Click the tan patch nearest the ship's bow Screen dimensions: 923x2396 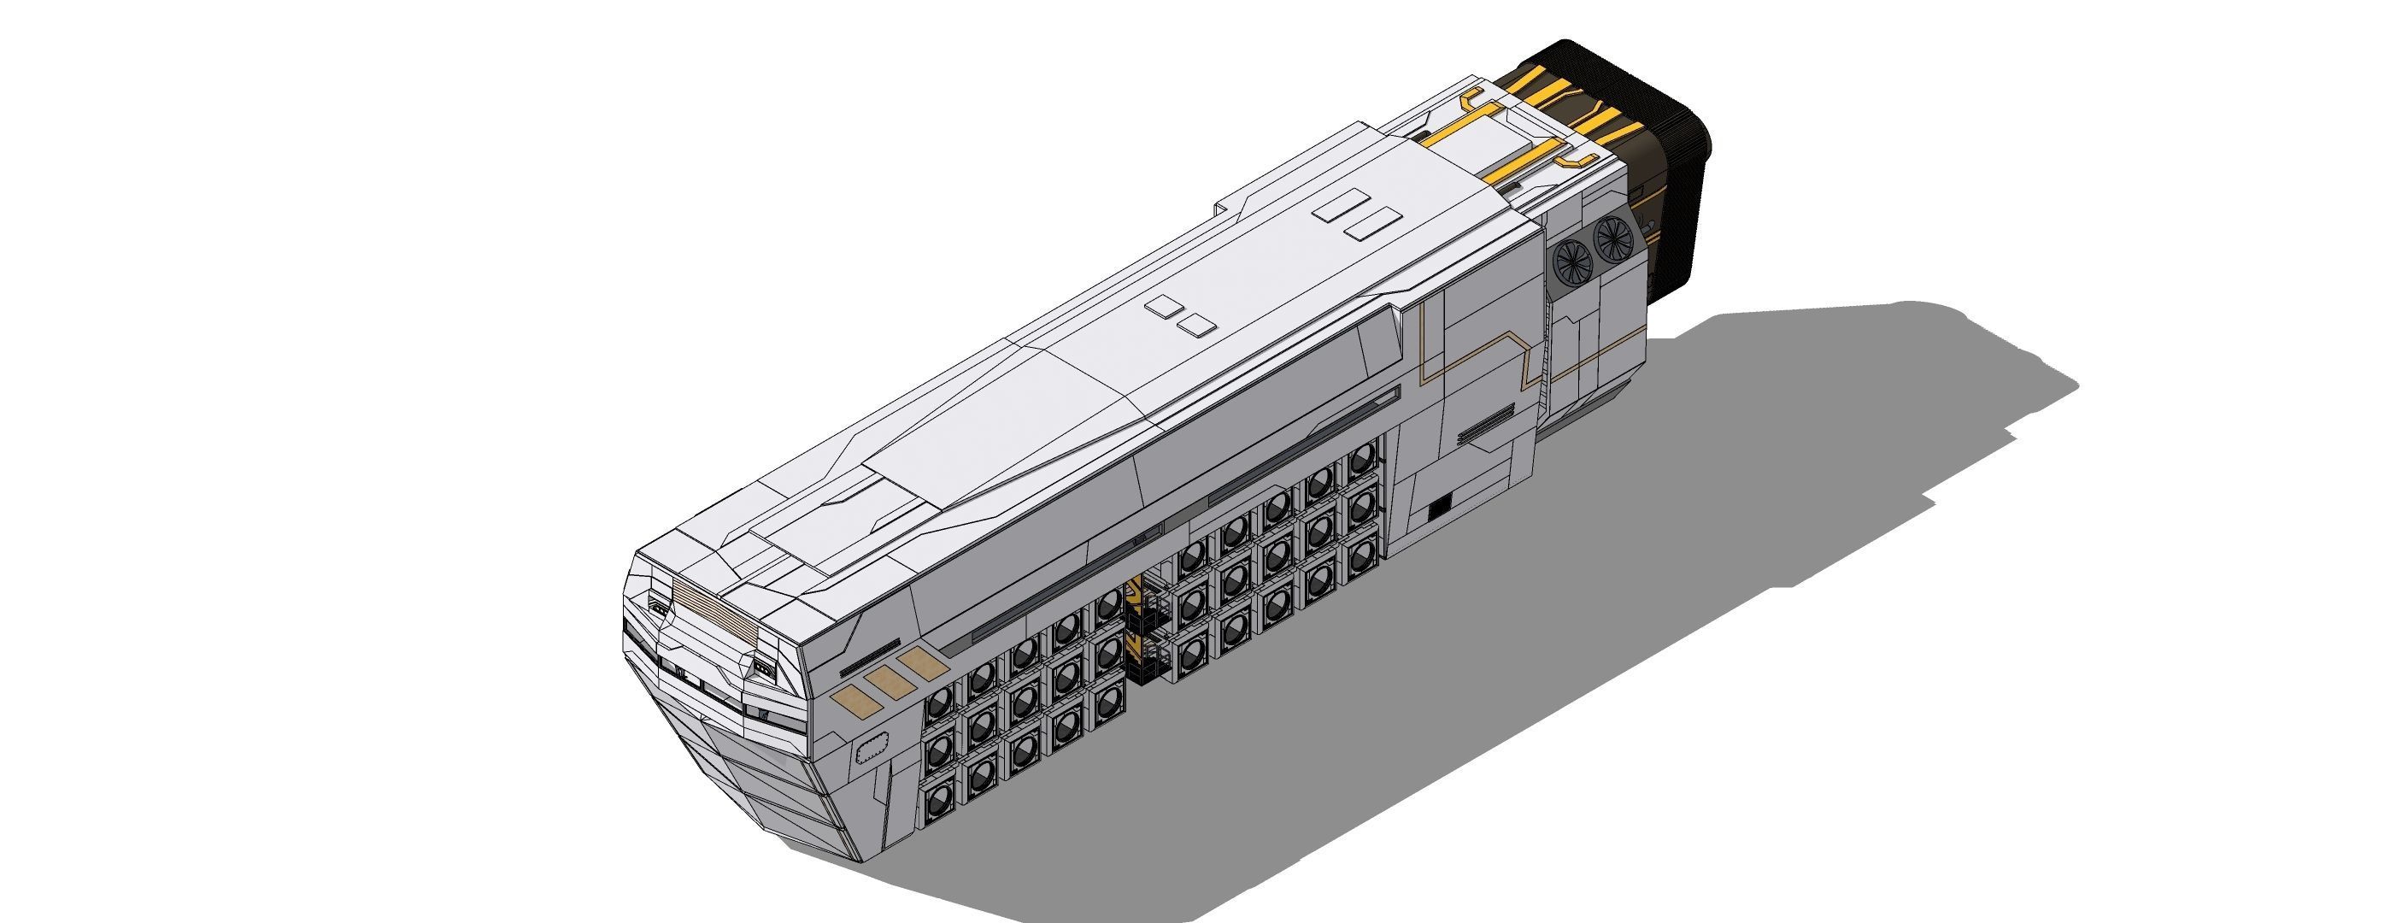[851, 699]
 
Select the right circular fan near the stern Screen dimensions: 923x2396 [1616, 238]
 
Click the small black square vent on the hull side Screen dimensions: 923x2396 [1439, 505]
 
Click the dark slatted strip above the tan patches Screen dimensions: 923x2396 [870, 658]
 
